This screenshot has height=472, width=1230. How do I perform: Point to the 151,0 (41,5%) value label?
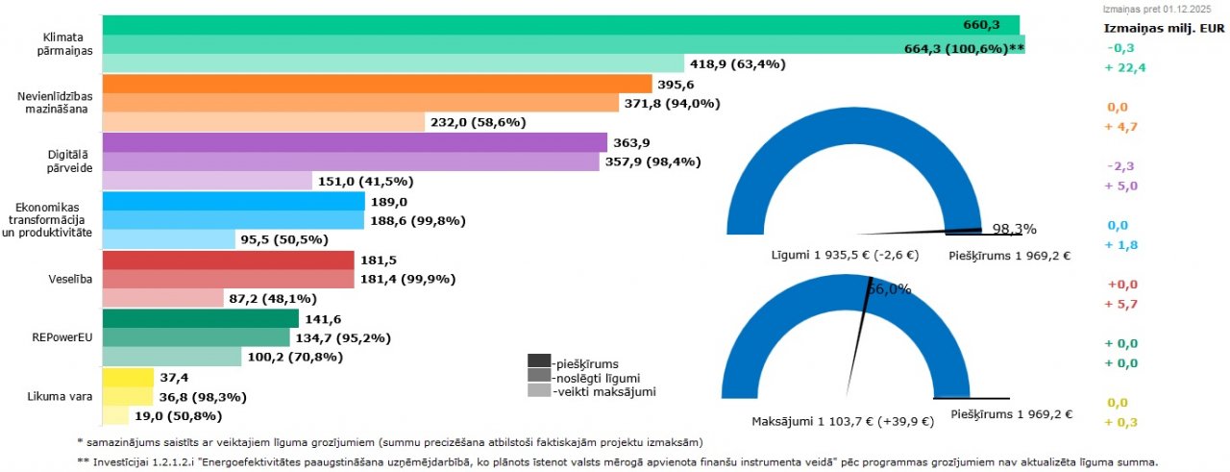364,181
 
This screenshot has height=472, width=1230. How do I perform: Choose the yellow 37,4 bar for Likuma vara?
128,377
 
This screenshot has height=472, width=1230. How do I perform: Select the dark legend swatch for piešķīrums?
538,361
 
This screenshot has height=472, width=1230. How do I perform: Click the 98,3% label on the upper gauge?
1014,229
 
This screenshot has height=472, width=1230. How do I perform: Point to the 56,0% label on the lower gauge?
889,288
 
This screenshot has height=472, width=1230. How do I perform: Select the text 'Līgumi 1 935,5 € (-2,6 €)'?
845,256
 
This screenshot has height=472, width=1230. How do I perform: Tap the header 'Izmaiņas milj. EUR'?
1163,27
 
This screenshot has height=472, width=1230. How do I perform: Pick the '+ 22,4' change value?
1125,66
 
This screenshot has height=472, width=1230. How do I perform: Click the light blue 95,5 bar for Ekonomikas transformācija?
168,239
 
